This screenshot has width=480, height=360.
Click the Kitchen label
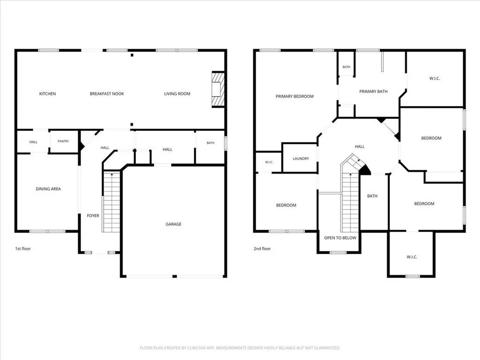point(47,94)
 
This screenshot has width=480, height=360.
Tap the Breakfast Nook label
point(107,94)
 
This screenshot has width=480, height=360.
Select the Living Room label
point(177,94)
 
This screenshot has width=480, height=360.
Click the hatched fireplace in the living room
point(218,89)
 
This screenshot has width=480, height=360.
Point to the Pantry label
point(63,141)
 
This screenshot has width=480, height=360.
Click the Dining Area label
point(48,189)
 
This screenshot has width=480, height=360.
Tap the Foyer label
point(93,216)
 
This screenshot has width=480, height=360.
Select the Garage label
point(173,224)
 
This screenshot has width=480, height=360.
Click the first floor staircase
point(112,202)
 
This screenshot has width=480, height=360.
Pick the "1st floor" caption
point(23,248)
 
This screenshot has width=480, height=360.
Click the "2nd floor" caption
point(262,248)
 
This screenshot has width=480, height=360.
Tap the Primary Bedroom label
point(294,97)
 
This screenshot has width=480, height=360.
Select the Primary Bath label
point(373,91)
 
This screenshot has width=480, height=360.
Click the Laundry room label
point(300,158)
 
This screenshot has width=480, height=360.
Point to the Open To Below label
point(340,238)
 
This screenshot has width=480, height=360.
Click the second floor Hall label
point(360,147)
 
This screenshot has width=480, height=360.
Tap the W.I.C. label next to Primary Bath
point(435,78)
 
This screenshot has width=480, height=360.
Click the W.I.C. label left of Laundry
point(269,162)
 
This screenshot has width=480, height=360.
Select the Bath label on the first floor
point(210,142)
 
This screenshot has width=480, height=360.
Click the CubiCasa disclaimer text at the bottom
point(240,348)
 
